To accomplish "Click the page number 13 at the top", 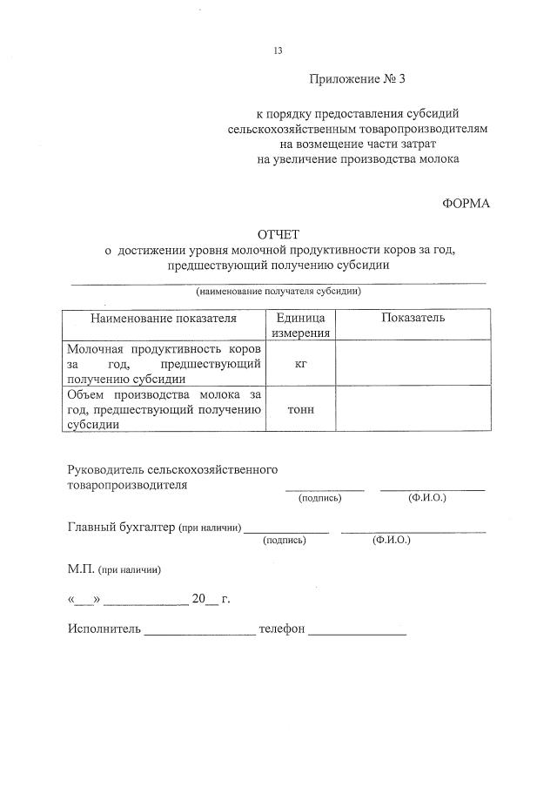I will click(x=278, y=50).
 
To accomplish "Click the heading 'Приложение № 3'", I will click(x=357, y=79).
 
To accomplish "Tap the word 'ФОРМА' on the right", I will click(x=466, y=204).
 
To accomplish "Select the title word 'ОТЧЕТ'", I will click(x=278, y=235).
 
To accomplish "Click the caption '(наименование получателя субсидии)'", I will click(x=278, y=291).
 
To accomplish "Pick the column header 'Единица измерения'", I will click(x=300, y=325).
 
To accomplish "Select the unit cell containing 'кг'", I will click(x=300, y=364).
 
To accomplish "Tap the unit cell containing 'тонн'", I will click(x=300, y=409).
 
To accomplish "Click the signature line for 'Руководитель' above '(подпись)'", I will click(x=324, y=488).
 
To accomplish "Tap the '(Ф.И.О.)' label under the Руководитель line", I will click(x=426, y=498).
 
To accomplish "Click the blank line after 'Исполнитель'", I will click(x=199, y=633).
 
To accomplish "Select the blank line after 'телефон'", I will click(x=357, y=633).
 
